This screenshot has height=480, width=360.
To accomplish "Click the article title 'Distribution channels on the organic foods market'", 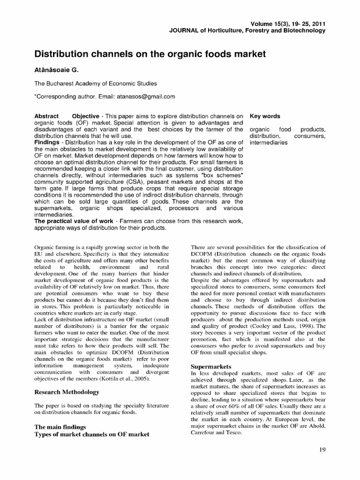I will (x=150, y=54).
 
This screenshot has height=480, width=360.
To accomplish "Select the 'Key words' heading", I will (x=265, y=116).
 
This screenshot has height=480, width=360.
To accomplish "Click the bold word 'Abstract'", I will (x=47, y=116).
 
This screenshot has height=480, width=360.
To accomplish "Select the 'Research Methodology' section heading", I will (x=67, y=391).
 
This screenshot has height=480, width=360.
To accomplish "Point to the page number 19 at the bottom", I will (x=322, y=450).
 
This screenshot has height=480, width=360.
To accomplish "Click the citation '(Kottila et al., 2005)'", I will (x=127, y=378).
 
